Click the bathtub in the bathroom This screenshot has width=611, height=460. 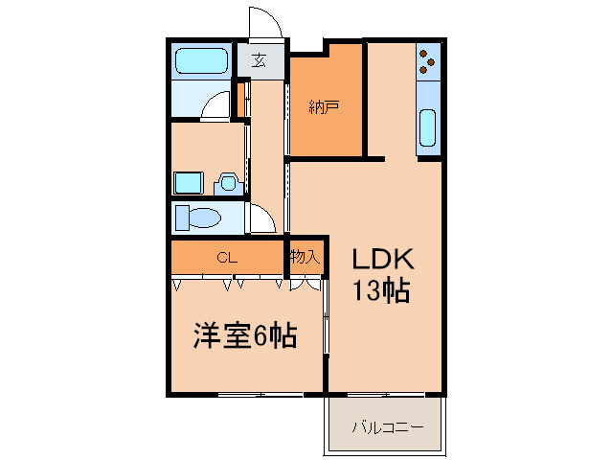[x=201, y=63]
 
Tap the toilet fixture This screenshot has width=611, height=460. [x=200, y=218]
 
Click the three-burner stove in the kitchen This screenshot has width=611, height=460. [x=428, y=64]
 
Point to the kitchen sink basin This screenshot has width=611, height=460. [x=428, y=127]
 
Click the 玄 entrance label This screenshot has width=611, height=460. [x=260, y=61]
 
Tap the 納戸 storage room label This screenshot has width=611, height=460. [x=324, y=106]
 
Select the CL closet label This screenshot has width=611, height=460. [x=226, y=257]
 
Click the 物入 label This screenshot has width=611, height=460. [x=305, y=256]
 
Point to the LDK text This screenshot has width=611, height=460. [x=383, y=259]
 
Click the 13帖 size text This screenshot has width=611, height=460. [x=383, y=289]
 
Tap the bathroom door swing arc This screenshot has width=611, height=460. [x=218, y=104]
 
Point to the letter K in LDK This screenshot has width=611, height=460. [x=401, y=259]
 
